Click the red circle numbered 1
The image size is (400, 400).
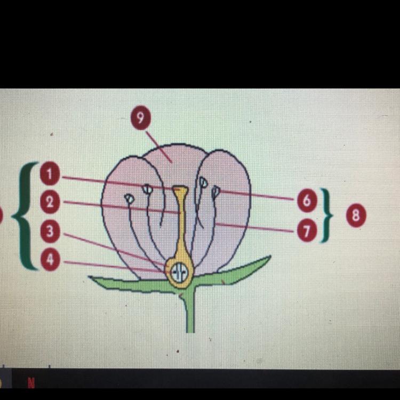(50, 174)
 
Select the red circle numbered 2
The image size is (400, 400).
(50, 202)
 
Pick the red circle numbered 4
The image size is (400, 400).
(50, 261)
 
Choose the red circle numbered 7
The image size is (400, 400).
(306, 230)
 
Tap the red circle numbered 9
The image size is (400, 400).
(140, 118)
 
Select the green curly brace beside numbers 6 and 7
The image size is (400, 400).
(326, 215)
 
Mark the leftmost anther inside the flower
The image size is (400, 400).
(129, 198)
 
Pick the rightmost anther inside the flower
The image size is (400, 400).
(215, 191)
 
